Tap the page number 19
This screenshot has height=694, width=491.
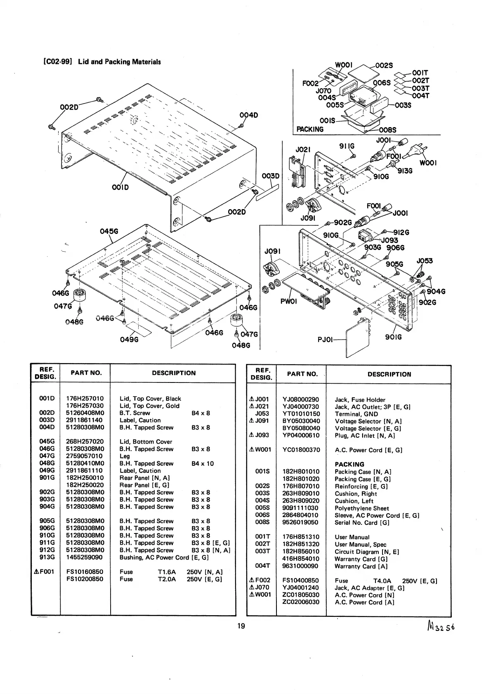[241, 626]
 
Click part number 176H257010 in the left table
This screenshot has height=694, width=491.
[85, 399]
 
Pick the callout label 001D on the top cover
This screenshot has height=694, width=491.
[120, 187]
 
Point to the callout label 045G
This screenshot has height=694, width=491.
[109, 231]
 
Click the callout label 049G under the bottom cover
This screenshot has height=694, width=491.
[129, 339]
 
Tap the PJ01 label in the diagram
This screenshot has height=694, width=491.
[325, 340]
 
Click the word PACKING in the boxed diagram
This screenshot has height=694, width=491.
[310, 129]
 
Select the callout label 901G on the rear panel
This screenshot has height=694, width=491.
[393, 337]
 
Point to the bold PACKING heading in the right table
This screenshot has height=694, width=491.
[349, 464]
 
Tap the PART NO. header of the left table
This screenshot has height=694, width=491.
[86, 373]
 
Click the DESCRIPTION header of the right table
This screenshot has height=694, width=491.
[389, 374]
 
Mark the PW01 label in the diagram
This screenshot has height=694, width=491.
[288, 301]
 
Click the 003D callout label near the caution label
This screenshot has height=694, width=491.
[271, 176]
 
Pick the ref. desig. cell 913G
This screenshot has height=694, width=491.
[47, 557]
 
